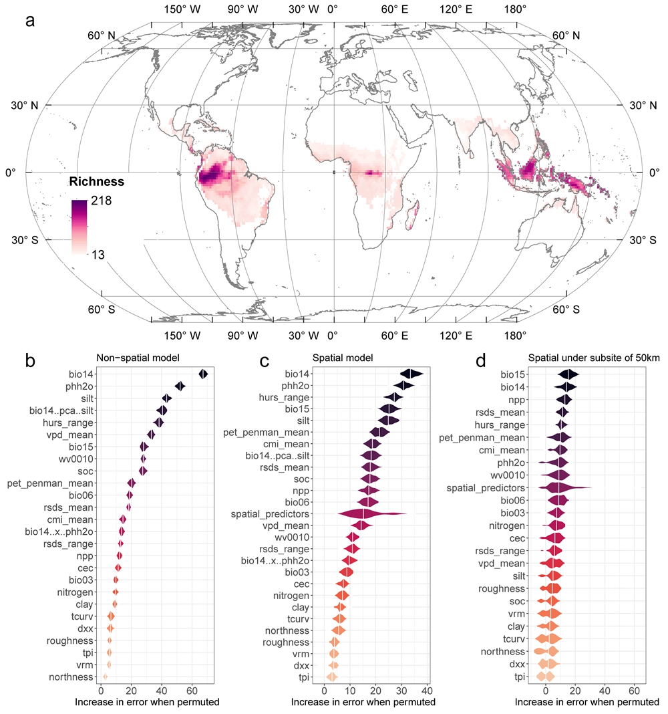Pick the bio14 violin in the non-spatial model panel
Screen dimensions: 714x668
click(204, 374)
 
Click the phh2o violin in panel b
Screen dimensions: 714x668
click(180, 386)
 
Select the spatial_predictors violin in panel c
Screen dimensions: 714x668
click(364, 513)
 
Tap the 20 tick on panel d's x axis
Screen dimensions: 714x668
click(575, 691)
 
